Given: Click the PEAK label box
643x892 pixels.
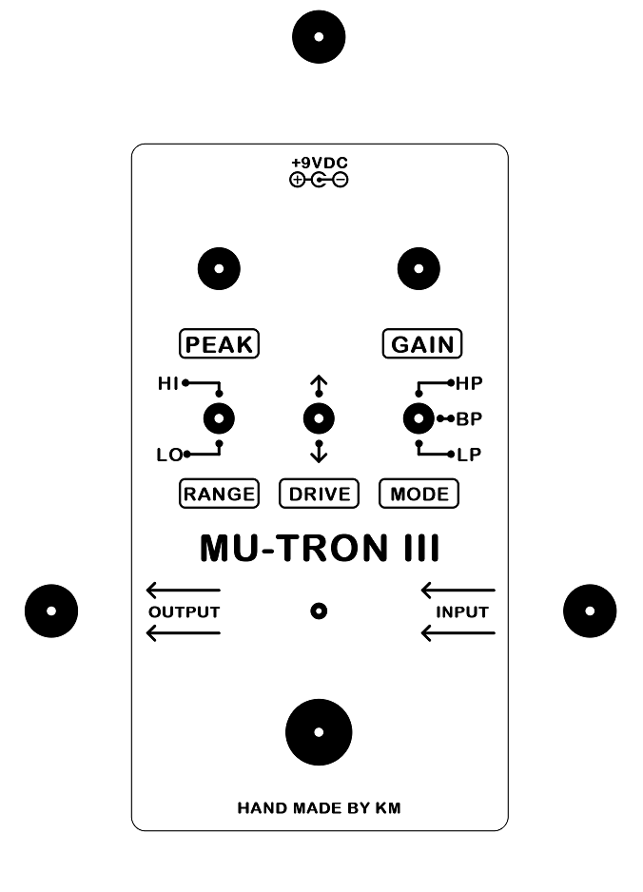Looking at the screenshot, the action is point(220,343).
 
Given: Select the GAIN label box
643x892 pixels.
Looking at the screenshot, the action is point(422,343).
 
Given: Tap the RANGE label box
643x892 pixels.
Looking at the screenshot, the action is point(219,494).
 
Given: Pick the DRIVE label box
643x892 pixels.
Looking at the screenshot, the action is point(320,494).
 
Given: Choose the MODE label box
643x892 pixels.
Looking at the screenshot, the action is point(419,494).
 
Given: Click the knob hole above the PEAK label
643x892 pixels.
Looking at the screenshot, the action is point(219,268).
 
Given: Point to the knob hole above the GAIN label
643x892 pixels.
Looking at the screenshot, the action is point(419,268).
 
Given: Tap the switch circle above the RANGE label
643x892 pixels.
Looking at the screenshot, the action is point(220,418).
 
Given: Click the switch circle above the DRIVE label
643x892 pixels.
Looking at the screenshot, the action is point(319,418).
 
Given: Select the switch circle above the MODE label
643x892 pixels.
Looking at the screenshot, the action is point(418,418).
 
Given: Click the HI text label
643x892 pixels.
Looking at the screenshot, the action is point(168,384).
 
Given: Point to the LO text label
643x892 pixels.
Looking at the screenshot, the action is point(168,455).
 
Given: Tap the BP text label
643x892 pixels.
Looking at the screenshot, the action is point(469,419).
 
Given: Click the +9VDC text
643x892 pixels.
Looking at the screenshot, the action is point(320,164).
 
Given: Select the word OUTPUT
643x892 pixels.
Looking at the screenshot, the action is point(185,611).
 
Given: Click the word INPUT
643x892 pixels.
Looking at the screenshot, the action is point(462,611).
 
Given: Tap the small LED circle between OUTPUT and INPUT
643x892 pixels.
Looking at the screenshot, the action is point(320,611).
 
